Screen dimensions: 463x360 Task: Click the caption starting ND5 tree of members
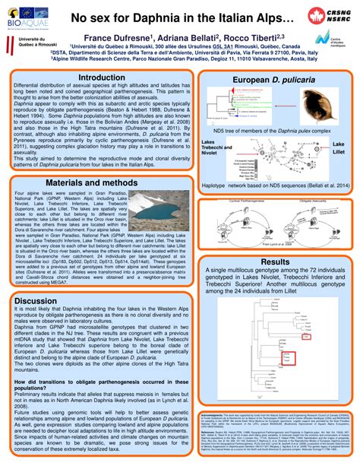tap(272, 130)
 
